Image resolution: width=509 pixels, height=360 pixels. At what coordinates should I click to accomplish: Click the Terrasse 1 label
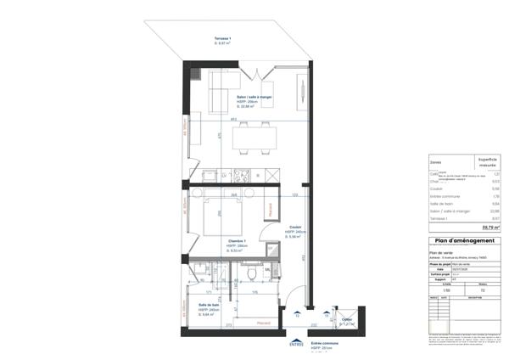click(200, 41)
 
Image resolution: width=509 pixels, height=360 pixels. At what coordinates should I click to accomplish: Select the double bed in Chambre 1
click(222, 216)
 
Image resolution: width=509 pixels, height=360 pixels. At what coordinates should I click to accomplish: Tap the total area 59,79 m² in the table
click(490, 228)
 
